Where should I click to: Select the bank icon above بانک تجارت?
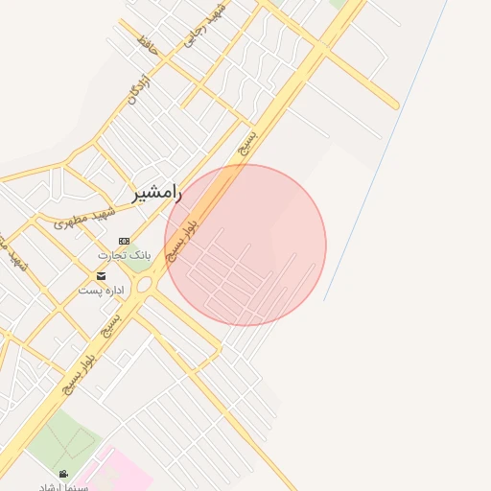[123, 241]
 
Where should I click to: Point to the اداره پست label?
[102, 289]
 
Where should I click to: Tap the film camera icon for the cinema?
[63, 474]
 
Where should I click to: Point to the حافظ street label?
[146, 43]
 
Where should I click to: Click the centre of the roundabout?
[145, 285]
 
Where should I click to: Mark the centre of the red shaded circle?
[245, 245]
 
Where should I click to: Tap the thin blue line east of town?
[384, 153]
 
